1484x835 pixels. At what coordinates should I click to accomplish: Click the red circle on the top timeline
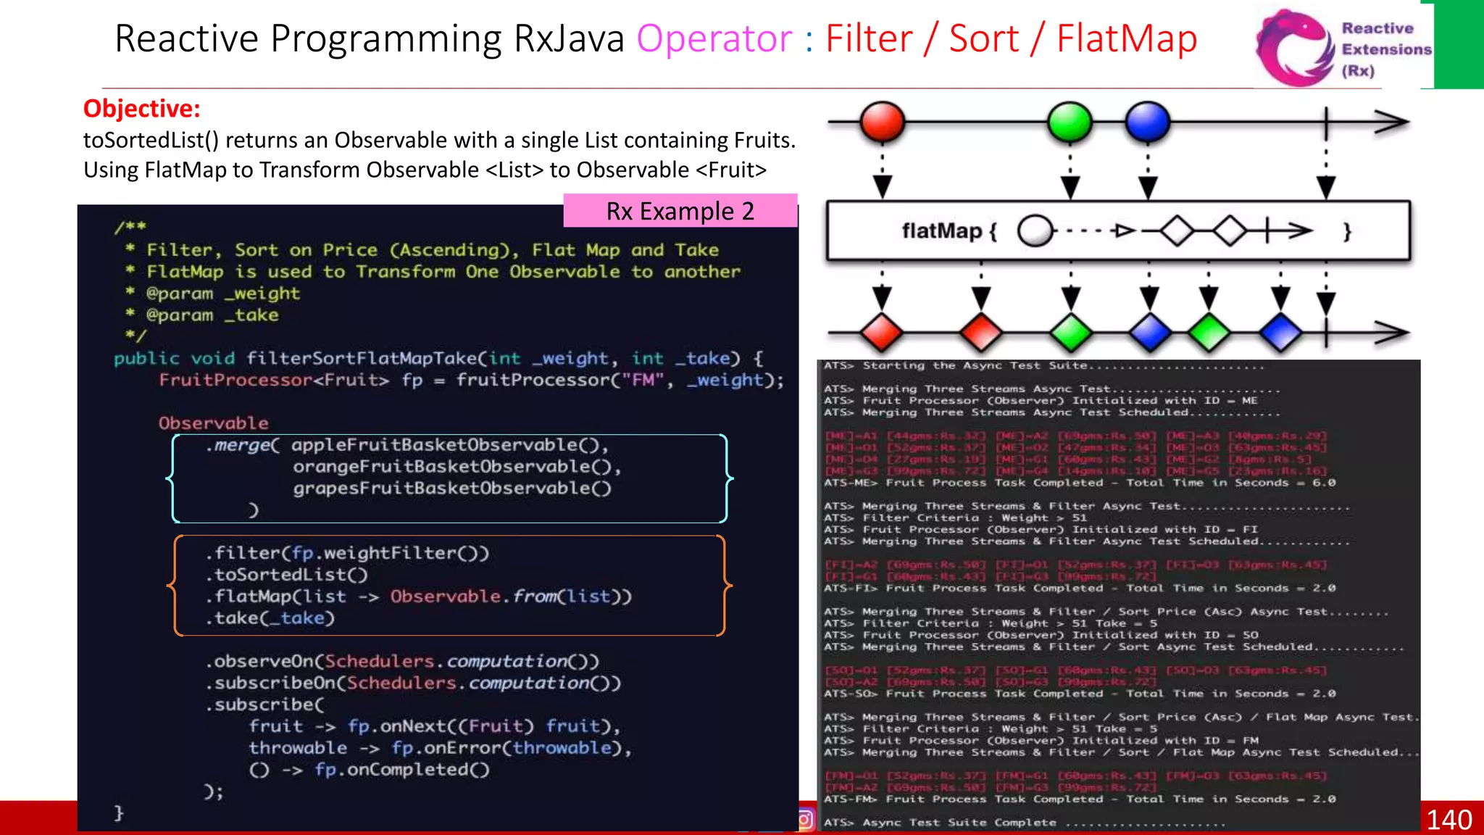pos(882,122)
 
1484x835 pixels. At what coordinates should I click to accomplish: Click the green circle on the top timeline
pos(1070,122)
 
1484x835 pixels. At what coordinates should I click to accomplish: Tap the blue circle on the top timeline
pos(1147,122)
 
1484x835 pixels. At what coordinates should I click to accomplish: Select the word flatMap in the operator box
pos(941,231)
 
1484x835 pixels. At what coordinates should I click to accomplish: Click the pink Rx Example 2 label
pos(680,211)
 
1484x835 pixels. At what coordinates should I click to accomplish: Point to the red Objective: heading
pos(141,109)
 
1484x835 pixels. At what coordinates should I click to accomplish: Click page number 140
pos(1448,820)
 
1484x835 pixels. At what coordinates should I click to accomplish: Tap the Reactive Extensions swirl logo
pos(1295,48)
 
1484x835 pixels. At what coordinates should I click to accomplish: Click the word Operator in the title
pos(714,39)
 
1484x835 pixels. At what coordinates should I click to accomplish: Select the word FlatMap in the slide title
pos(1126,39)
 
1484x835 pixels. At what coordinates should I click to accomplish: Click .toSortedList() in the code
pos(287,575)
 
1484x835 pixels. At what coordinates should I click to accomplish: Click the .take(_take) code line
pos(270,618)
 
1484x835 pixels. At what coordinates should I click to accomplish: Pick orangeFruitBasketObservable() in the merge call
pos(457,467)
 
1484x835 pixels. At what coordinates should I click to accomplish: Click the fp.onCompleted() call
pos(401,770)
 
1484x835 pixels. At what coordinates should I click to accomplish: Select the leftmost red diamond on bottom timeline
pos(881,333)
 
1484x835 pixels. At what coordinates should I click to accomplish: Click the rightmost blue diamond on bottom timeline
pos(1280,333)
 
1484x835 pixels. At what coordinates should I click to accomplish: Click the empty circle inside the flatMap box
pos(1035,232)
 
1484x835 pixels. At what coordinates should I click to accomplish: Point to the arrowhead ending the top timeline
pos(1391,122)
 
